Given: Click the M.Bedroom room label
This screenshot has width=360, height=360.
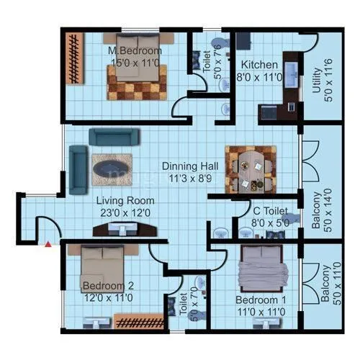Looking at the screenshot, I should click(135, 57).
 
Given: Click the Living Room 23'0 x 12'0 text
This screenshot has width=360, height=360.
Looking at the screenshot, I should click(127, 207).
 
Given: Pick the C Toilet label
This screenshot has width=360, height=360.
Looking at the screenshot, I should click(270, 217).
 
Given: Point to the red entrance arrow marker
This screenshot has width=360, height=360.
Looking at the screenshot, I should click(48, 246).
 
